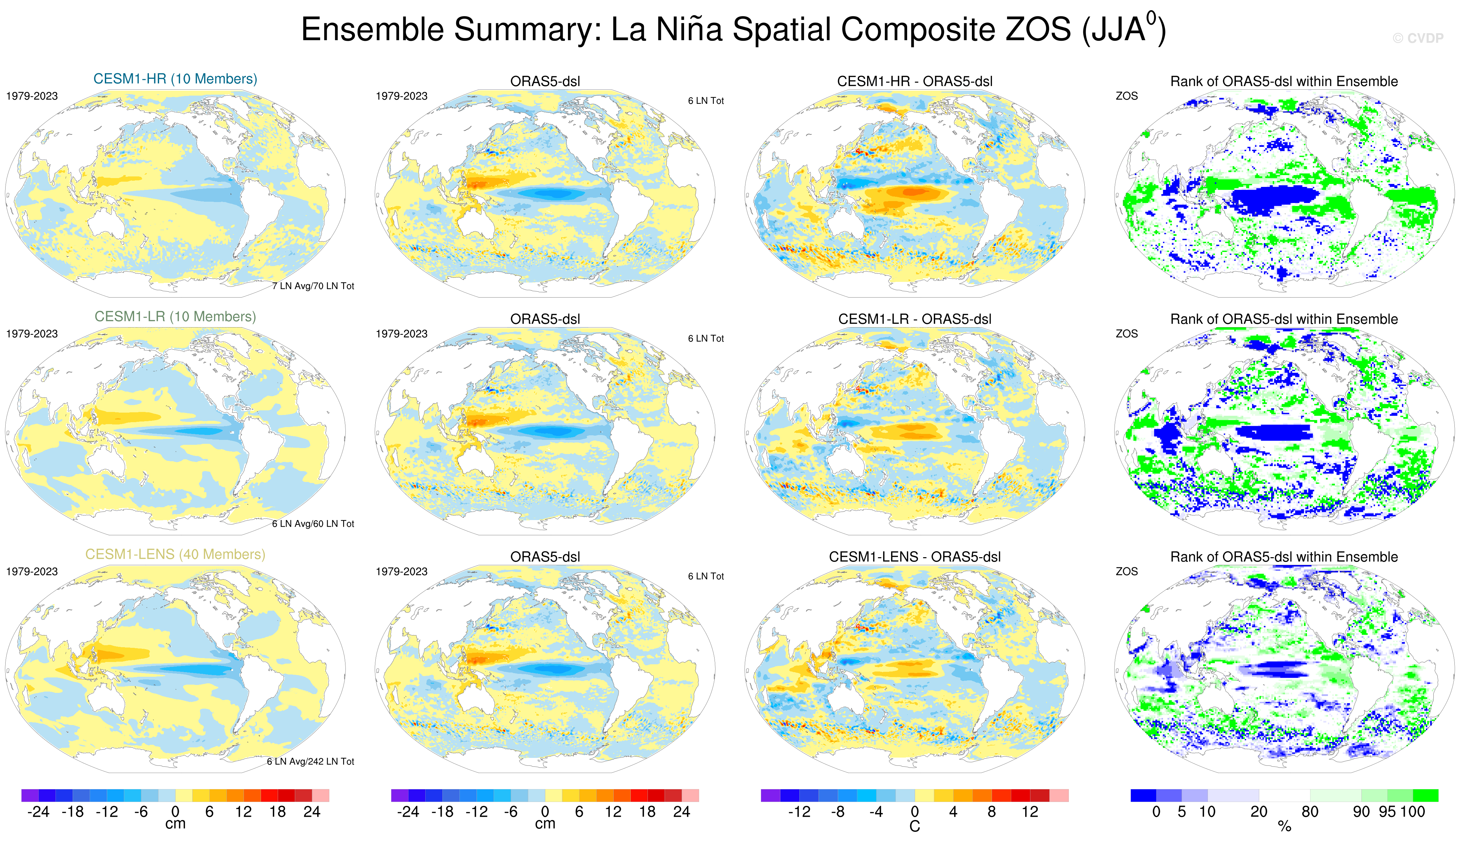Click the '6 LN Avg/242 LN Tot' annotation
pos(311,761)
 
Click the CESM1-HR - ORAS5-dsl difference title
pos(914,81)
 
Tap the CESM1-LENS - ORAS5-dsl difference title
pos(914,557)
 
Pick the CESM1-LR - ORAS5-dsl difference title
pos(914,319)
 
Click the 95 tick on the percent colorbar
pos(1387,812)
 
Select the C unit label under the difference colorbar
pos(914,826)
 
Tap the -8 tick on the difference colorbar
pos(837,812)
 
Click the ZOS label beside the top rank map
pos(1126,96)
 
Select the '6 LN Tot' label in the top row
pos(706,101)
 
